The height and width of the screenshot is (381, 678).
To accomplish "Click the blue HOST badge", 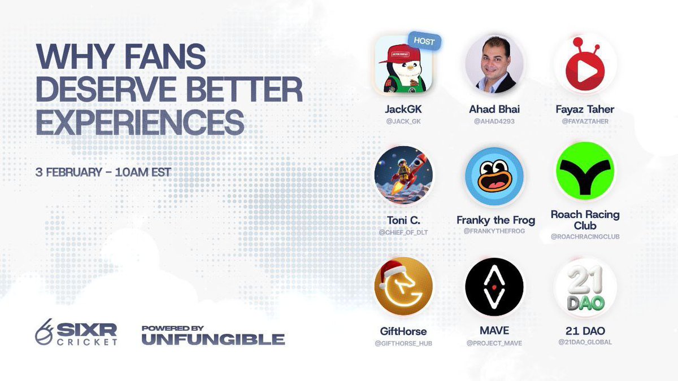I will [x=424, y=42].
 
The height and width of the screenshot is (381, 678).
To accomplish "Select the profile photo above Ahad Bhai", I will [x=494, y=65].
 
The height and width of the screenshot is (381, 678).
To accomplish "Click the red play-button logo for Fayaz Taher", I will [x=585, y=65].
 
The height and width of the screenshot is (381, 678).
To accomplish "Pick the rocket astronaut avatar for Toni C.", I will [x=403, y=174].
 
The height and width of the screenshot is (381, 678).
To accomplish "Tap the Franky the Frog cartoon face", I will [x=494, y=176].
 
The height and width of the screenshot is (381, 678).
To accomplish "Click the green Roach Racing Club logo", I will [x=585, y=171].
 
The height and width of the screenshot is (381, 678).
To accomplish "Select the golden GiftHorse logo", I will [x=403, y=287].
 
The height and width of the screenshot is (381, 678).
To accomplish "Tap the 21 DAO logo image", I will [x=585, y=287].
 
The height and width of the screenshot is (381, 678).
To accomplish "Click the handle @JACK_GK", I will [x=403, y=121].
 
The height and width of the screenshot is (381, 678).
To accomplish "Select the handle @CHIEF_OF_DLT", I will [x=403, y=232].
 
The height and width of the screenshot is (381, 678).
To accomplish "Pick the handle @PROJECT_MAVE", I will [x=494, y=343].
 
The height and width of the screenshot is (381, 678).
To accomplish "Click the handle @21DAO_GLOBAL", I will [x=585, y=342].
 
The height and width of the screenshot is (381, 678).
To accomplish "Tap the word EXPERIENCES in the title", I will [x=140, y=122].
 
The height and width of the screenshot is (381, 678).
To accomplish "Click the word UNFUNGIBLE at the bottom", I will [x=213, y=339].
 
